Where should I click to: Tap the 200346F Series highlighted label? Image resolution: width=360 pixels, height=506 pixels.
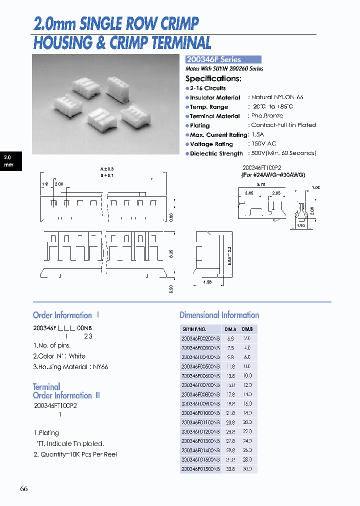213,59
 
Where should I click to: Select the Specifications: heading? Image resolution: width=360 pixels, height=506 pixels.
213,78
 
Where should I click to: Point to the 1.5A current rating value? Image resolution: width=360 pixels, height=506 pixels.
258,134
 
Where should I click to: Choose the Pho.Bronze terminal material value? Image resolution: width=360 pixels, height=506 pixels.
267,116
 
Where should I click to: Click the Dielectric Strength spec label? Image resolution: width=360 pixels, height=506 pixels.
216,153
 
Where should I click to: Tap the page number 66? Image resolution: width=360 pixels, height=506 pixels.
24,488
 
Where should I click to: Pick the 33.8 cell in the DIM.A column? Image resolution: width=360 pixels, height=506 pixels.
230,469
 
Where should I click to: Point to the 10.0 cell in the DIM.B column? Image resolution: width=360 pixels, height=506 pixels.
247,376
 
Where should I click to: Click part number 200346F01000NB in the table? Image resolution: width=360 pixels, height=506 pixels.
200,413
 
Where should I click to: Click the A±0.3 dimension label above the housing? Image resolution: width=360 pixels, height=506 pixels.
107,169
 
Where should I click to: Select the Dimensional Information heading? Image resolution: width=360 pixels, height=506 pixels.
219,315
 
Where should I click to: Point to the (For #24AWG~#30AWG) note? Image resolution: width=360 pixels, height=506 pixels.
273,175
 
